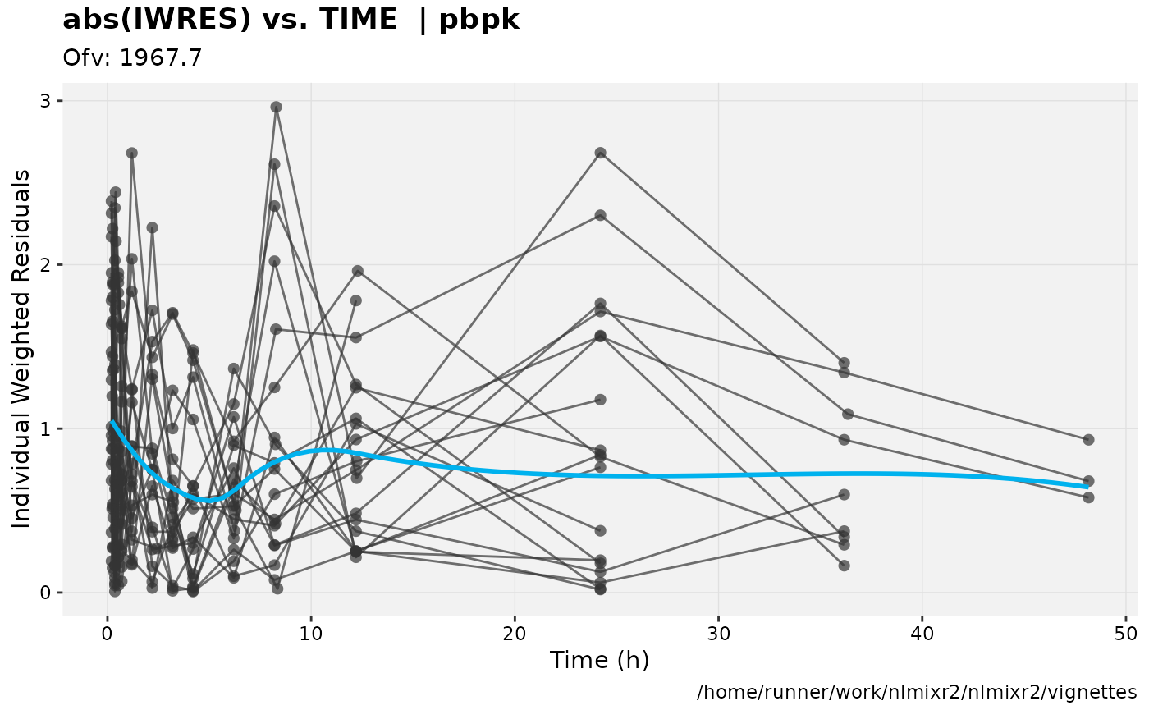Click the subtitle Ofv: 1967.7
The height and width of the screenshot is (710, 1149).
point(132,57)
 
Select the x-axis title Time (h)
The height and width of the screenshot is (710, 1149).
point(599,660)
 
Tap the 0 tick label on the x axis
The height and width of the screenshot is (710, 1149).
point(108,634)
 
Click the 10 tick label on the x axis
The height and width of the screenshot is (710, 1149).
point(311,634)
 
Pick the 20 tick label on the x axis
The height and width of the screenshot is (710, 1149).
point(515,634)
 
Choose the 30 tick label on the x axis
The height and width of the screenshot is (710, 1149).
point(718,634)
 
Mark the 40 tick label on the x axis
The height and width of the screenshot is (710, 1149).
point(922,634)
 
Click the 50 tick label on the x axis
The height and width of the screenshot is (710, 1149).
point(1126,634)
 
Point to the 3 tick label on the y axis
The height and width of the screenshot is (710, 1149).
point(47,101)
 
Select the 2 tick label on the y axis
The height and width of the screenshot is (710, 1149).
point(47,265)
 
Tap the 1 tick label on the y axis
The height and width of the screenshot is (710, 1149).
point(47,428)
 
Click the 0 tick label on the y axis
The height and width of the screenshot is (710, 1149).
point(47,593)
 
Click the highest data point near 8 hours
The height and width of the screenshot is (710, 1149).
point(277,107)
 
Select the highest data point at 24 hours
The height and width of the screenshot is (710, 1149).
point(600,153)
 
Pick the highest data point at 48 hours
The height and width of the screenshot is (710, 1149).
point(1088,440)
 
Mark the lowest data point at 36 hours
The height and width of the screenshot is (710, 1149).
point(844,566)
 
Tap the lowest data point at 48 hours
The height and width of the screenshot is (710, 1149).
point(1088,497)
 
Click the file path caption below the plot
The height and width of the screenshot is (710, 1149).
point(917,692)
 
